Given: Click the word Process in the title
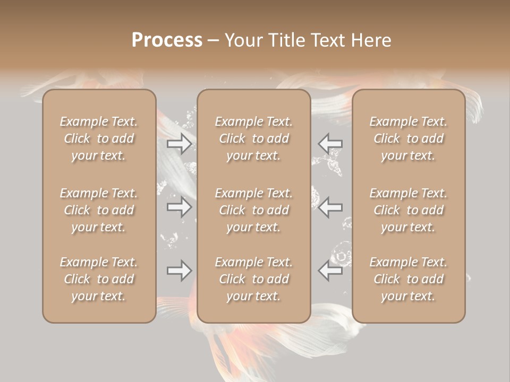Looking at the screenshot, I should click(167, 40).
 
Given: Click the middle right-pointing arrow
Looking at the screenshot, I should click(180, 207).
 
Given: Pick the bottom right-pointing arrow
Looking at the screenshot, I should click(180, 271).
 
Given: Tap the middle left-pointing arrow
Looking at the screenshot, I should click(330, 207).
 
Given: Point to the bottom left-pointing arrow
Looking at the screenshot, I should click(330, 271).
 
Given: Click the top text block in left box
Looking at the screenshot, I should click(99, 138).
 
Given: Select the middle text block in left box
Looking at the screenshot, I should click(99, 210).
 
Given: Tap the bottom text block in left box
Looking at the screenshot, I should click(99, 279).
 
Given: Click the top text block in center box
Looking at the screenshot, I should click(253, 138).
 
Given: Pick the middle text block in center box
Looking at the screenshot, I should click(253, 210).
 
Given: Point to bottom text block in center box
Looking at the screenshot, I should click(253, 279).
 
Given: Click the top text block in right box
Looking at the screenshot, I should click(409, 138).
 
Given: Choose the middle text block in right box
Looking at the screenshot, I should click(409, 210).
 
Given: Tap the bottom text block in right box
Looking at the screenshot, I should click(409, 279).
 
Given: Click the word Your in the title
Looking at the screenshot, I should click(242, 40).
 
